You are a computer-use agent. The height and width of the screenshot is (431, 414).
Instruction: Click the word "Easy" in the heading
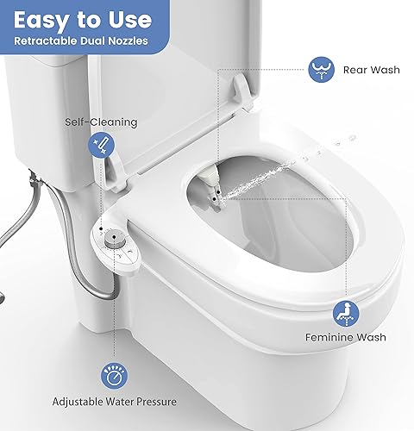pyautogui.click(x=43, y=18)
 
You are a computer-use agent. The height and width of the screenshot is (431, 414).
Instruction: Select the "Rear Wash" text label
pyautogui.click(x=372, y=69)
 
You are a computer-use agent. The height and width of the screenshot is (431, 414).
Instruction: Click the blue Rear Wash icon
pyautogui.click(x=321, y=69)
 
